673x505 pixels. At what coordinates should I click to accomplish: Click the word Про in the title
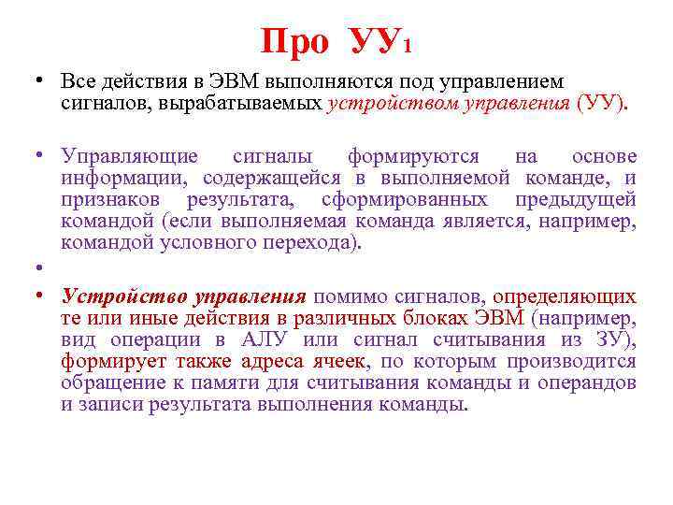click(x=294, y=42)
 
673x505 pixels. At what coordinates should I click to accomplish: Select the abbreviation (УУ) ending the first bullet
click(x=603, y=102)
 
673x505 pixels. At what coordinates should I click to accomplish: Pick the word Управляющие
click(x=129, y=156)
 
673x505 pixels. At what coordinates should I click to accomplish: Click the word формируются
click(x=413, y=156)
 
